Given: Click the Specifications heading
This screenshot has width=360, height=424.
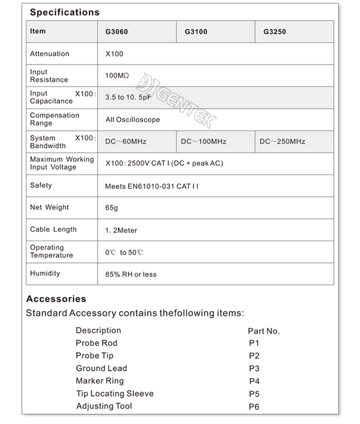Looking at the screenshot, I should pos(65,12).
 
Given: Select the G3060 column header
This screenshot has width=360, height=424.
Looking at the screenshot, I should pos(117,32).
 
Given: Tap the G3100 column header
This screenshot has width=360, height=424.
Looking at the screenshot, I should pos(196,32).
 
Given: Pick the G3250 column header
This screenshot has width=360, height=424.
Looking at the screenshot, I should pos(275,32).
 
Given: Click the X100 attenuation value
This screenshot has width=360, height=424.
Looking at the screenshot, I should pos(114,54).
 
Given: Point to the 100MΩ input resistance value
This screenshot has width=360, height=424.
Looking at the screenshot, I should pos(117,76).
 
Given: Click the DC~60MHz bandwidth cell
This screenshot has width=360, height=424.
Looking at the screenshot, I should pos(126,141).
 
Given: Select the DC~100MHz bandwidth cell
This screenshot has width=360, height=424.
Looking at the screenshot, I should pos(204,141).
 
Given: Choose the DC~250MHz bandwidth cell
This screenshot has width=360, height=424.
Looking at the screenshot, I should pos(282,141).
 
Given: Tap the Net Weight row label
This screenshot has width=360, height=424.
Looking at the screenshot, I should pos(49,207).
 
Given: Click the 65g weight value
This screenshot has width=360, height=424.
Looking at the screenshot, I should pos(111,208).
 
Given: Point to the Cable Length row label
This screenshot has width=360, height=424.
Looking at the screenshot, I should pos(53,229).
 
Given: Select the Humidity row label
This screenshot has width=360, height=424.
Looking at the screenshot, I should pos(45,273).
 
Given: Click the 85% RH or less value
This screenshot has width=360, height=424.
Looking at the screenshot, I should pos(131,274).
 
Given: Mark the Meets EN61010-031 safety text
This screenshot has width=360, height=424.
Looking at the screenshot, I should pos(151,186).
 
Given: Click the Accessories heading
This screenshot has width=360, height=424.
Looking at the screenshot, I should pos(56,299).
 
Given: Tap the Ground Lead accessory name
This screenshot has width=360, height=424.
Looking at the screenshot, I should pos(101,368).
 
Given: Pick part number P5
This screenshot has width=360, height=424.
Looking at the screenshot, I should pos(254,394).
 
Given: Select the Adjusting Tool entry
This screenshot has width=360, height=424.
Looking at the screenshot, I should pos(104,406).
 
